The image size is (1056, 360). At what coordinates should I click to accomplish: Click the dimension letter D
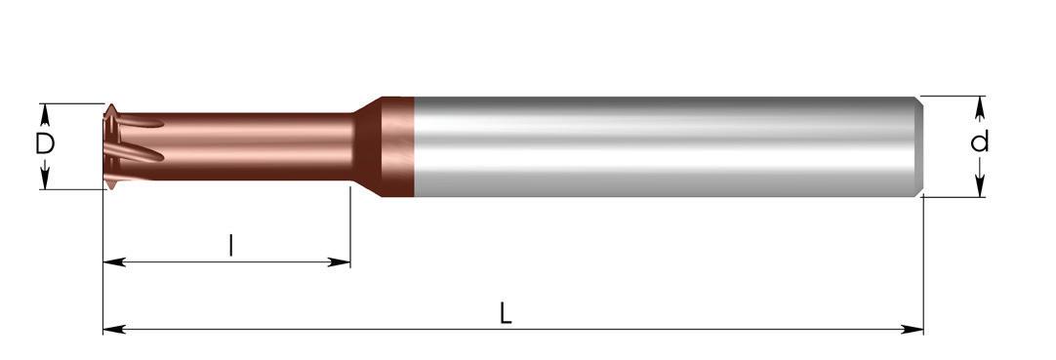pyautogui.click(x=45, y=144)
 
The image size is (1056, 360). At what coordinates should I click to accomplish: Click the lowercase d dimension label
pyautogui.click(x=980, y=141)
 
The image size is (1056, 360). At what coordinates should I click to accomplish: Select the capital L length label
pyautogui.click(x=507, y=313)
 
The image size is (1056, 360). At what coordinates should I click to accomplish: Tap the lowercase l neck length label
pyautogui.click(x=231, y=245)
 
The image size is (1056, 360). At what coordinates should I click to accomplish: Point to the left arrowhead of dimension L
pyautogui.click(x=114, y=329)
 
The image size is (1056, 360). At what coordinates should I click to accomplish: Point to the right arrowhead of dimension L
pyautogui.click(x=912, y=329)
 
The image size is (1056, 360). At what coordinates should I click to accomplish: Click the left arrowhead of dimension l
pyautogui.click(x=114, y=261)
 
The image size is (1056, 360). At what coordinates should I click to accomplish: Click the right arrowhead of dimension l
pyautogui.click(x=339, y=261)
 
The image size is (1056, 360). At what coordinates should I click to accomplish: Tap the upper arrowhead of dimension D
pyautogui.click(x=45, y=114)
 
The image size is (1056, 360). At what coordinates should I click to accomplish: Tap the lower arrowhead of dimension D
pyautogui.click(x=45, y=179)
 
